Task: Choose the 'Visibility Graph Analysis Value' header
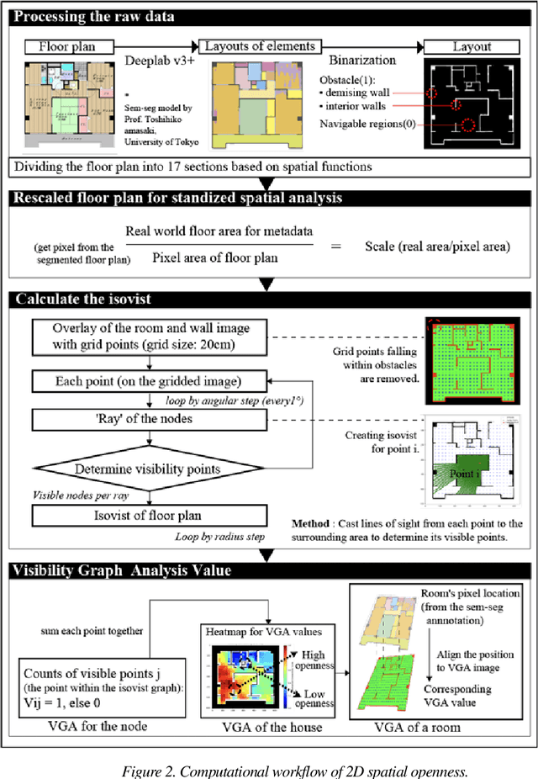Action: click(x=123, y=570)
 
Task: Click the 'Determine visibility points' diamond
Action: click(x=150, y=469)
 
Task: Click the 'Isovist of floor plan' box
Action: click(x=150, y=515)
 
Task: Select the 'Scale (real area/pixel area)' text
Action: click(x=437, y=246)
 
